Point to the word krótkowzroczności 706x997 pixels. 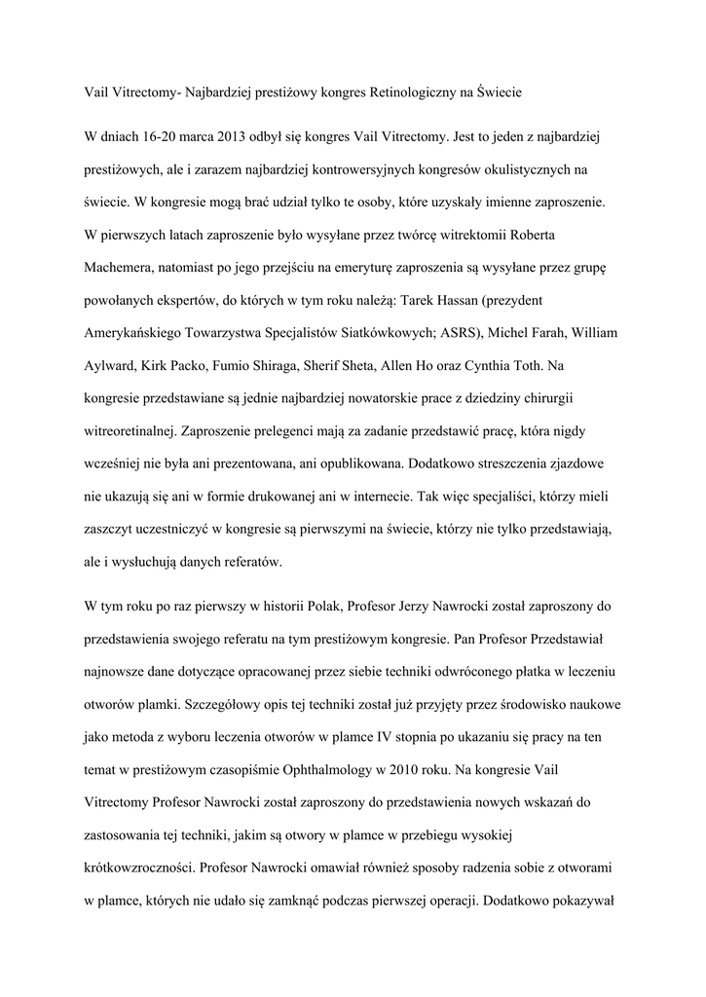pyautogui.click(x=149, y=865)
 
